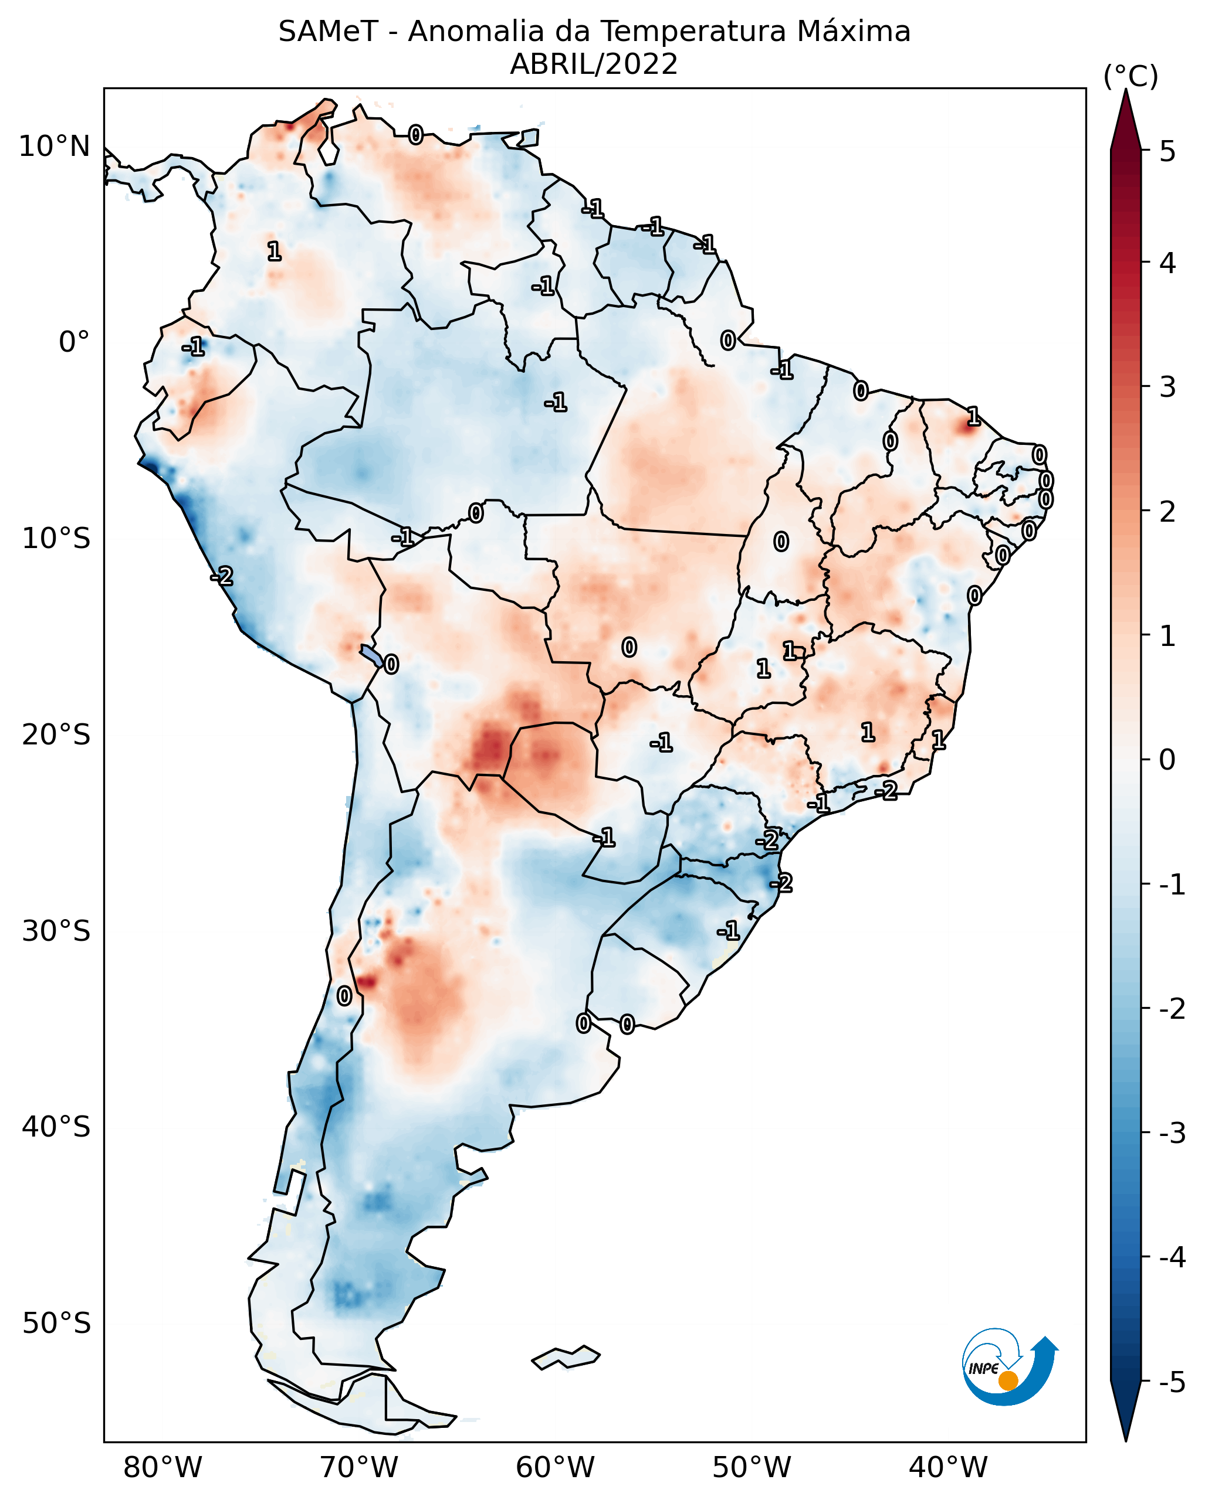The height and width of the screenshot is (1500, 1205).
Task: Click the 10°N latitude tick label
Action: point(55,147)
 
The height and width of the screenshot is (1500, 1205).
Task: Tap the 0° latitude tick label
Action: point(74,342)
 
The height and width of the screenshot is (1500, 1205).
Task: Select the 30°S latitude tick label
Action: point(56,931)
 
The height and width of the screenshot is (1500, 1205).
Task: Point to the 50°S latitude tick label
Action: point(56,1324)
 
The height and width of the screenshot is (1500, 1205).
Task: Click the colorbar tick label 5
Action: point(1167,151)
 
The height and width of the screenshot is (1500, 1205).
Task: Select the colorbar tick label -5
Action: point(1172,1382)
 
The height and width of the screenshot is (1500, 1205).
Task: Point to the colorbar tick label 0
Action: point(1167,759)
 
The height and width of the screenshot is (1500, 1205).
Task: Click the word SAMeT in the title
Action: point(328,32)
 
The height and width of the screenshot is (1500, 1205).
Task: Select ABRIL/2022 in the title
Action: point(594,64)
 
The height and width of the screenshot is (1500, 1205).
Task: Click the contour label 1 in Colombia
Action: point(275,251)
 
